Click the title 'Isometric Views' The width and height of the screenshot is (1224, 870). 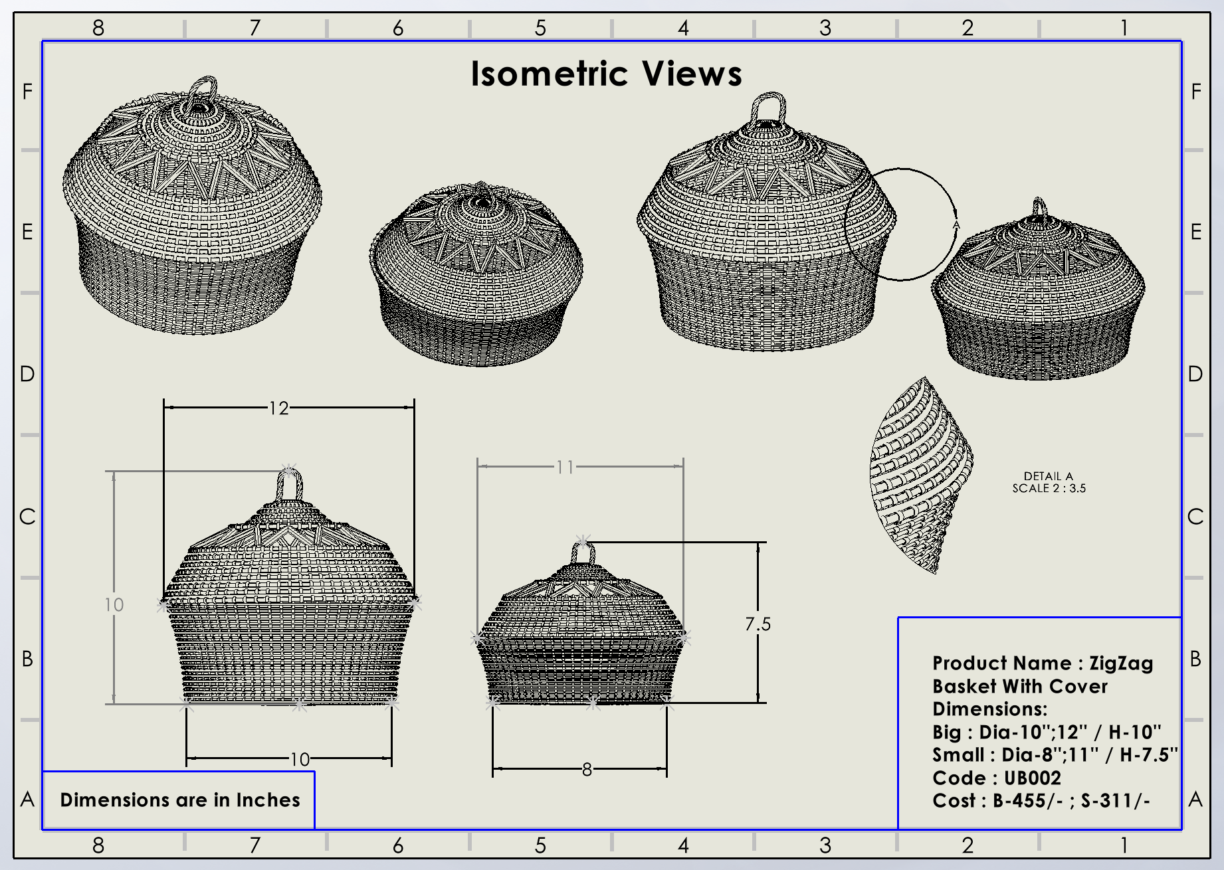click(x=606, y=74)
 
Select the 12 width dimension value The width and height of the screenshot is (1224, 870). click(x=279, y=408)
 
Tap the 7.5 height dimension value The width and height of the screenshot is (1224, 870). click(x=758, y=624)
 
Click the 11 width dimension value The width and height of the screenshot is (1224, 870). click(x=565, y=468)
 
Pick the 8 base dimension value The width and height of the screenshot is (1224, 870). click(x=587, y=770)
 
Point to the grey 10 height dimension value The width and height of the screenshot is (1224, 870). click(x=114, y=605)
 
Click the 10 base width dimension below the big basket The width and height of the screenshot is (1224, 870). click(x=300, y=759)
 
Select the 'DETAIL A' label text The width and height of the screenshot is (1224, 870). click(x=1048, y=476)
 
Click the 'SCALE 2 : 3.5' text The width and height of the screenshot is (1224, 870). click(x=1049, y=488)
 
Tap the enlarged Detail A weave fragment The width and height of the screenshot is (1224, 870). click(x=920, y=475)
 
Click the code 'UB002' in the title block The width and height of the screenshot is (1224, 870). click(x=1032, y=778)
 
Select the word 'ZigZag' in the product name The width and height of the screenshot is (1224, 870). click(x=1121, y=663)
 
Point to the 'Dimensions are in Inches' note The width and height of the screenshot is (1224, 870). click(x=180, y=800)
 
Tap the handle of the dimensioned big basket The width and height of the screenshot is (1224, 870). click(x=289, y=485)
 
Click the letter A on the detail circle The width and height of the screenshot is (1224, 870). click(x=956, y=225)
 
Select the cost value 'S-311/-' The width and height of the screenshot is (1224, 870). click(x=1115, y=800)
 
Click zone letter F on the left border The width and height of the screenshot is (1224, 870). click(x=27, y=92)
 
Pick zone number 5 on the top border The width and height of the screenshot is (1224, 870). click(x=540, y=28)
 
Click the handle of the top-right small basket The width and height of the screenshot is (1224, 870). click(x=1039, y=208)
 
